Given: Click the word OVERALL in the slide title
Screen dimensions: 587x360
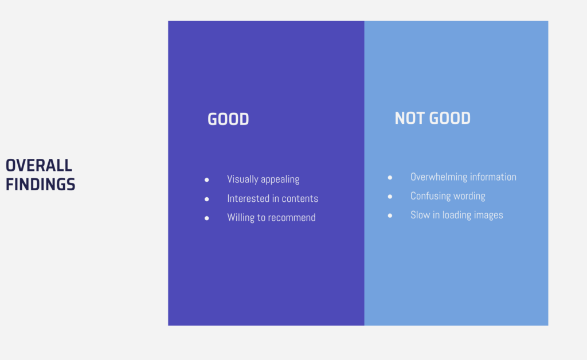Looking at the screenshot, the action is [x=38, y=166].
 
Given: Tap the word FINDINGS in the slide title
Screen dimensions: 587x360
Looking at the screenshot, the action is [x=41, y=185].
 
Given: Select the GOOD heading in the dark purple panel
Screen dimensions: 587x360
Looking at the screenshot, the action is [x=228, y=119].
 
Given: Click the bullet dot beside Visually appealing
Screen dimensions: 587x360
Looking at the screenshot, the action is [x=206, y=180].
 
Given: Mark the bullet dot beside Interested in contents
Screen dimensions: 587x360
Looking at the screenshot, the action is [x=206, y=199].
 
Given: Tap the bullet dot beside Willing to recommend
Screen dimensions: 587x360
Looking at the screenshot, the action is [x=206, y=218].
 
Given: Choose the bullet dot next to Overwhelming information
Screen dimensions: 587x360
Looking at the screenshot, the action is [x=390, y=177].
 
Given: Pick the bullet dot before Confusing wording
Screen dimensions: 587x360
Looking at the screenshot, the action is [x=390, y=197].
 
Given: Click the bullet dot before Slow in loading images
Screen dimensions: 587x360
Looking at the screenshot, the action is [x=390, y=216].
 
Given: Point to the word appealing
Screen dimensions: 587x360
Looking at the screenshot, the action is [x=280, y=179].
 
